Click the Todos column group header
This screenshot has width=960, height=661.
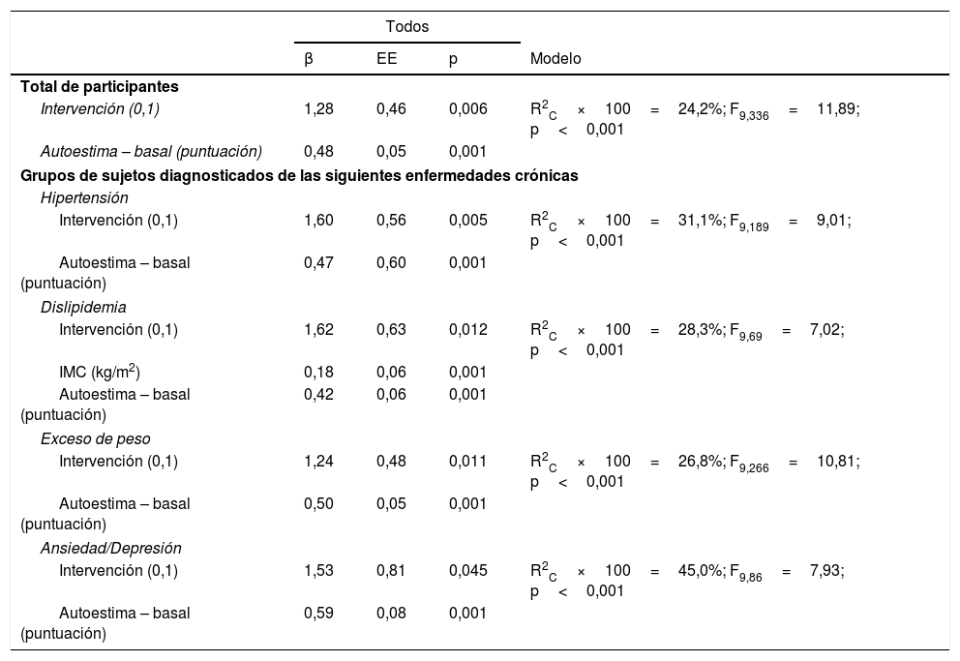coord(407,27)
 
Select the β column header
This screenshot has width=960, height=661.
coord(309,59)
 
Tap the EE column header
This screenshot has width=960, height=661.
coord(386,59)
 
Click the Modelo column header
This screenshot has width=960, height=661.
coord(556,59)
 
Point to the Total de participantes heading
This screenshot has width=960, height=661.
coord(100,86)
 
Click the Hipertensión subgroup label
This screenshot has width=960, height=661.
coord(84,198)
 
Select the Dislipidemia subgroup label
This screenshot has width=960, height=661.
coord(83,308)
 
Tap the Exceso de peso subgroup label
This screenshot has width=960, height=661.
coord(95,439)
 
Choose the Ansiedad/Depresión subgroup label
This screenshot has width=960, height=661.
coord(110,549)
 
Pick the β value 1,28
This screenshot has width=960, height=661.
coord(318,109)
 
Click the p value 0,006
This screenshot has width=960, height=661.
coord(467,109)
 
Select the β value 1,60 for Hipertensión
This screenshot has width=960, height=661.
coord(318,220)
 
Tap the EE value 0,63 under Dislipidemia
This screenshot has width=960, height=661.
coord(391,329)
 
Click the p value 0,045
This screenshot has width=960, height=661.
coord(467,570)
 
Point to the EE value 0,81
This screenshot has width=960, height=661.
coord(391,570)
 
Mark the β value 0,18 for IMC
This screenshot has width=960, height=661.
coord(318,373)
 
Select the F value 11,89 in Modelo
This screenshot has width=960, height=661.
coord(837,109)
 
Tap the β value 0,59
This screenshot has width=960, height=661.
coord(318,614)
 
